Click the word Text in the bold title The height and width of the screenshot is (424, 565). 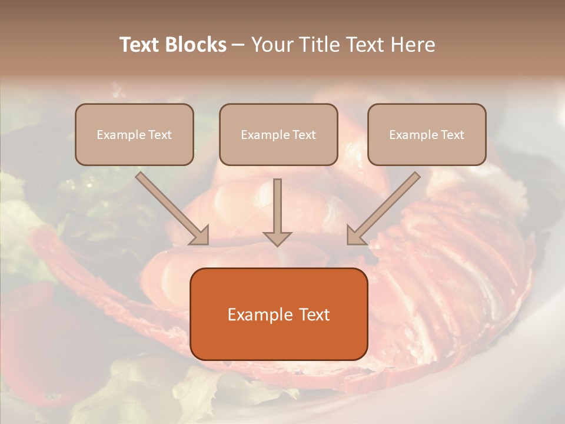pyautogui.click(x=139, y=45)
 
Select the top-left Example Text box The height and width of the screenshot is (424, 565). pyautogui.click(x=134, y=134)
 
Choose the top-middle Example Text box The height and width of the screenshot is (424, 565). pyautogui.click(x=278, y=134)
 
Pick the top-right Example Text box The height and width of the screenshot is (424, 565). pyautogui.click(x=427, y=134)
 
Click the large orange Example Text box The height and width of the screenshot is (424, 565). pyautogui.click(x=278, y=314)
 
